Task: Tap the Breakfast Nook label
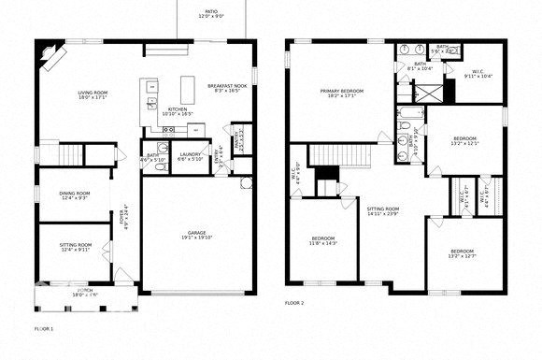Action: click(227, 88)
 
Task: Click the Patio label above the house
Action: click(212, 14)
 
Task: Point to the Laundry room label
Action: click(192, 156)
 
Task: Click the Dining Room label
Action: click(76, 194)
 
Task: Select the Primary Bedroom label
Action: click(342, 93)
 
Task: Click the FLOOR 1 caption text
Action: click(44, 329)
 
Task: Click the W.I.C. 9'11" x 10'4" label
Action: click(478, 73)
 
